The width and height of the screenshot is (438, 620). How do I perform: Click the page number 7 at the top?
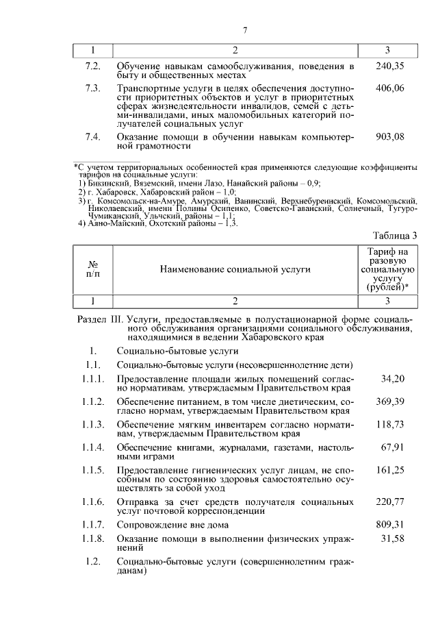tap(244, 29)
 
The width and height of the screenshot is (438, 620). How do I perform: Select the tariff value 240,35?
tap(390, 66)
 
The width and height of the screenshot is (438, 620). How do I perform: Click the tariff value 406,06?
tap(390, 88)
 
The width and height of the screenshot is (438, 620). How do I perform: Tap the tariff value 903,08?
tap(390, 136)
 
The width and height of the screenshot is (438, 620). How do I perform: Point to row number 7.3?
tap(92, 88)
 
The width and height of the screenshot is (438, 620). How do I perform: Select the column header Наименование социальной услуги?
tap(235, 269)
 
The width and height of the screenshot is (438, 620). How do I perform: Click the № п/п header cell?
tap(92, 269)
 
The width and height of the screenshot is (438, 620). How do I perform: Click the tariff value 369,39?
tap(390, 401)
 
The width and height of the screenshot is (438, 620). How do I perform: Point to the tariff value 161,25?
tap(390, 471)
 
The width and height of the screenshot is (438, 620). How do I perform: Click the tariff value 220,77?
tap(390, 501)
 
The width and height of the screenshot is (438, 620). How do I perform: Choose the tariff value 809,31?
tap(390, 525)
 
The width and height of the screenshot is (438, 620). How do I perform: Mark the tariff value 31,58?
tap(393, 539)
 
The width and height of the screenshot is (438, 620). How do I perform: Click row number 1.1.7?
tap(92, 525)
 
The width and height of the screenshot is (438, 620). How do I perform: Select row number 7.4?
tap(92, 136)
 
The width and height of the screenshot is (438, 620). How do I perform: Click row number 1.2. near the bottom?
tap(92, 562)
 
